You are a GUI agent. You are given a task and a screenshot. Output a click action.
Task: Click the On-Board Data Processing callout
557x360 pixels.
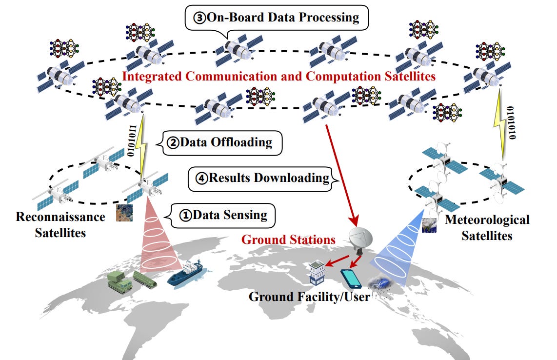click(277, 18)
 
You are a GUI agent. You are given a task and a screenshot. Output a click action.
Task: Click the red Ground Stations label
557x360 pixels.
click(289, 240)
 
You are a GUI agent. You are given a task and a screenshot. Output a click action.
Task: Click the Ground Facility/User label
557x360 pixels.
click(309, 297)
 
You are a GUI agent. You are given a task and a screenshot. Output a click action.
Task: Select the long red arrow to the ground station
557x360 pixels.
click(341, 171)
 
